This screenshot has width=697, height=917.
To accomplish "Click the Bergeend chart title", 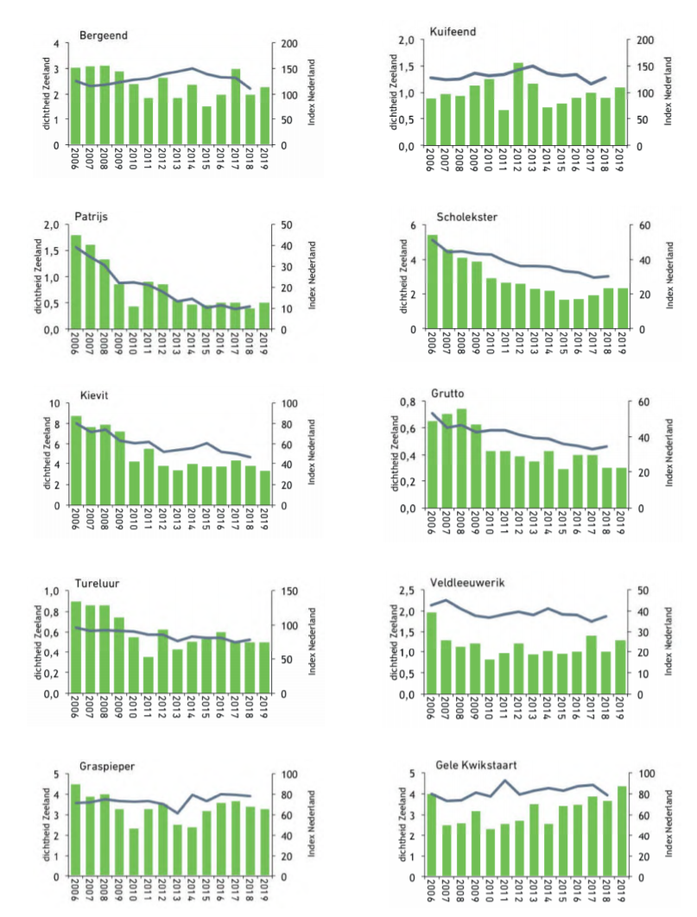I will coord(104,35).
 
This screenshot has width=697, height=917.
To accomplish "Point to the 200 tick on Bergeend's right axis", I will coord(284,43).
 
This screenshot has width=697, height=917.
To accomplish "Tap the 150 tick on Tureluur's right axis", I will coord(284,591).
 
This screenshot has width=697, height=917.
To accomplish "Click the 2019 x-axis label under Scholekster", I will coord(623,346).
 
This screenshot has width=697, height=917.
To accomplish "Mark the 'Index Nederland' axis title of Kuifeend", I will coord(668,92).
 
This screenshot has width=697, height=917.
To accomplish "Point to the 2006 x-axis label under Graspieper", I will coord(76,893).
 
